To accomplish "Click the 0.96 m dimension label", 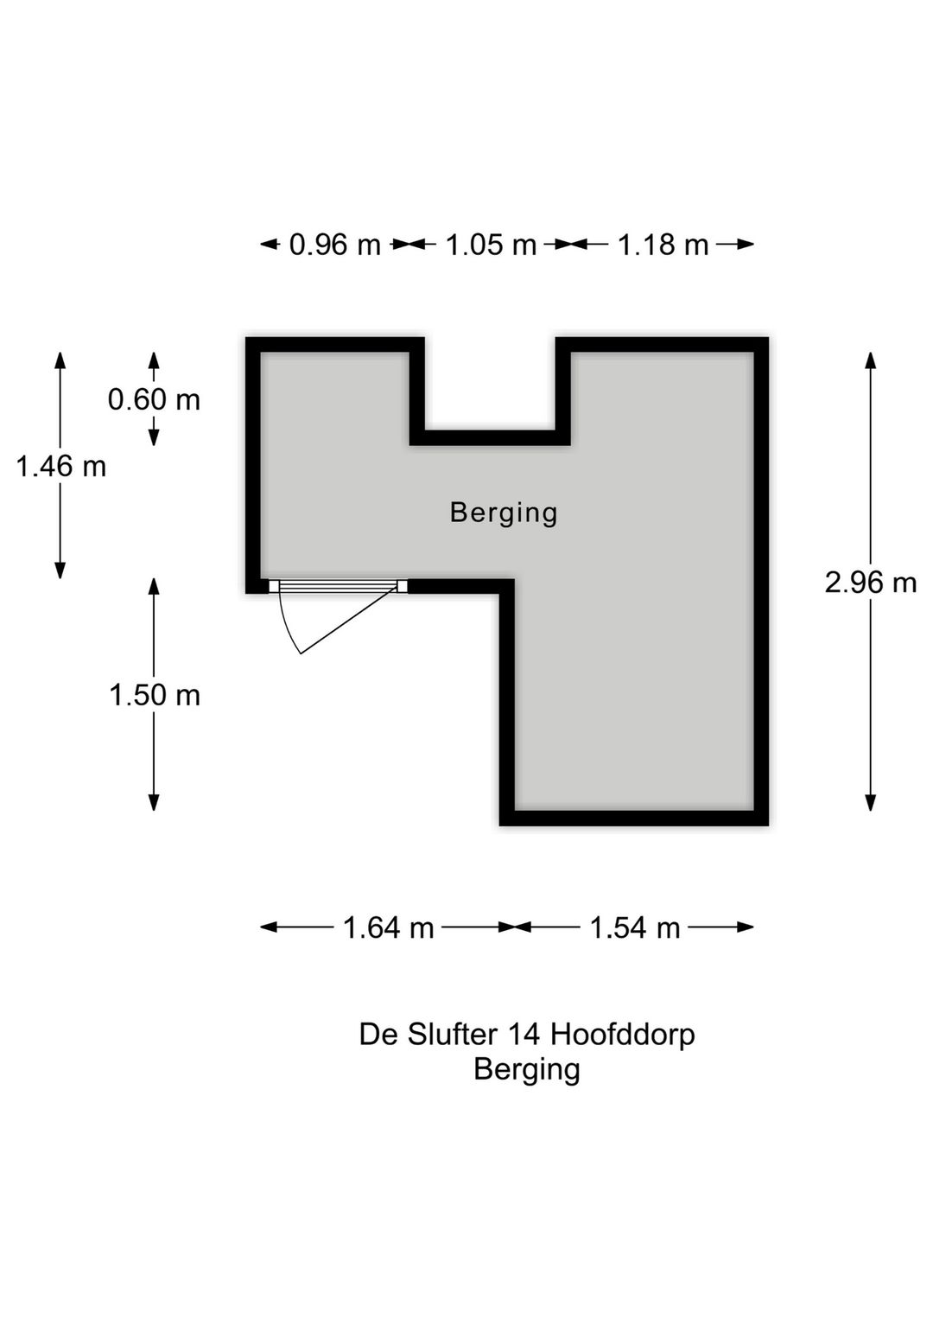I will coord(334,245).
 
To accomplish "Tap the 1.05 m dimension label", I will coord(491,245).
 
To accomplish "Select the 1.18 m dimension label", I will coord(663,245).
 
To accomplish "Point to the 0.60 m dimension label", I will coord(154,399).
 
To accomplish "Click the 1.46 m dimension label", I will coord(60,467).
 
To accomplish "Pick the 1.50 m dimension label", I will coord(154,695).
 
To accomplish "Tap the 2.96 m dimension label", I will coord(870,583).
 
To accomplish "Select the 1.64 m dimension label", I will coord(388,927).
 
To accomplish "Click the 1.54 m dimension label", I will coord(634,927).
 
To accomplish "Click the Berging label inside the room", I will coord(504,513).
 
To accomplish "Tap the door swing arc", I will coord(287,628).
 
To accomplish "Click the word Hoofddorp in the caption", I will coord(622,1034).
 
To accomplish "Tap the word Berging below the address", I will coord(526,1070).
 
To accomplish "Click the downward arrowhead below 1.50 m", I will coord(154,803).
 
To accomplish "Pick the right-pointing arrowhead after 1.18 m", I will coord(746,245).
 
